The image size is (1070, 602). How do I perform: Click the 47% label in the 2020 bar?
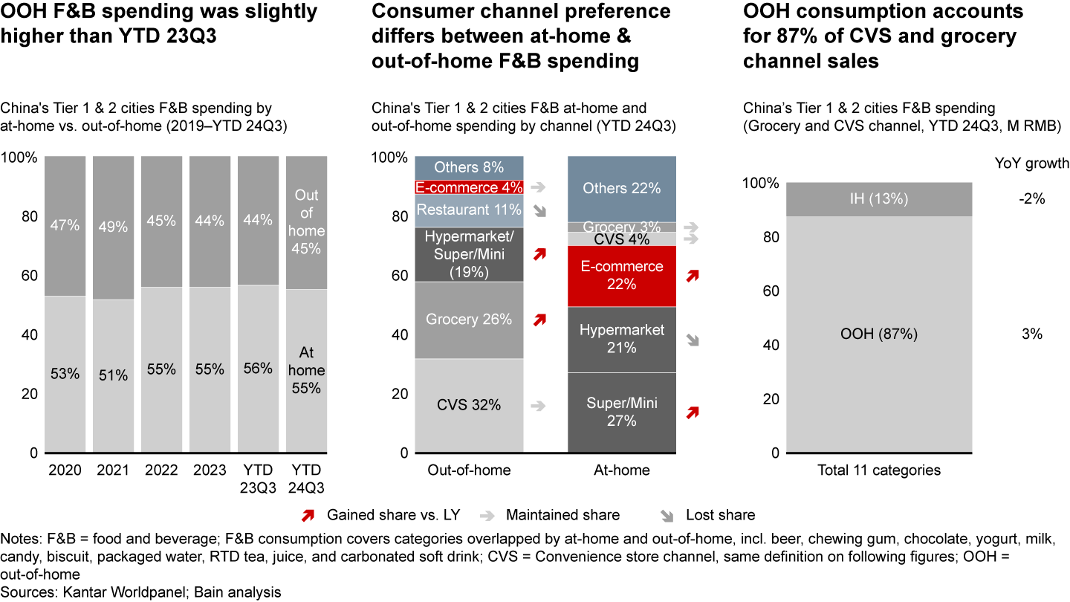click(x=65, y=225)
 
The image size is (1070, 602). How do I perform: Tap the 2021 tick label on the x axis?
click(x=114, y=470)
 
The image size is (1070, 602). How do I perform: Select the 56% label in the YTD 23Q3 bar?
click(x=258, y=368)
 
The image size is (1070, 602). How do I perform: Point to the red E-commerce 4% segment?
click(x=469, y=188)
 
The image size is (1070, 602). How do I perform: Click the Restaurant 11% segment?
click(x=469, y=210)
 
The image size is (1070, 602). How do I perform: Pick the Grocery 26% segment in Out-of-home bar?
click(x=469, y=320)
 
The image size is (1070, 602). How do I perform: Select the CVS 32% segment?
click(x=469, y=405)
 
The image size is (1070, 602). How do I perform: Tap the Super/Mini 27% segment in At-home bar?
click(x=622, y=412)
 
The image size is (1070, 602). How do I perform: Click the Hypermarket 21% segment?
click(x=622, y=339)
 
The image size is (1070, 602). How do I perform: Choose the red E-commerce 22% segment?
click(x=622, y=275)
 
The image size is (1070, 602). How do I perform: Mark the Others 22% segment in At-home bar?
click(x=622, y=189)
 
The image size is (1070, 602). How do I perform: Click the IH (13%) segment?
click(x=878, y=199)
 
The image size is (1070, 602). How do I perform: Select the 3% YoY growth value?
click(x=1032, y=334)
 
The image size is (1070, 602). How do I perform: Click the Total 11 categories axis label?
click(x=878, y=470)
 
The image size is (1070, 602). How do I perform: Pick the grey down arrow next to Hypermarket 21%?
click(x=693, y=340)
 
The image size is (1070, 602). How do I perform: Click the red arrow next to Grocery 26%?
click(x=539, y=320)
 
